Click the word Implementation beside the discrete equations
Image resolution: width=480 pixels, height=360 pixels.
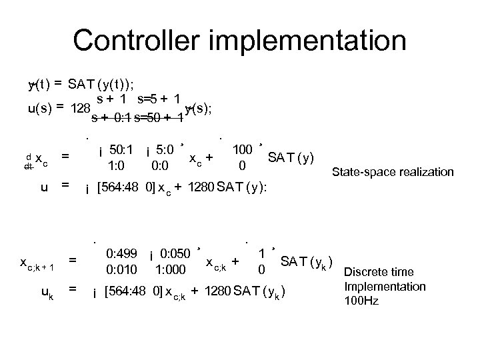pos(385,287)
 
